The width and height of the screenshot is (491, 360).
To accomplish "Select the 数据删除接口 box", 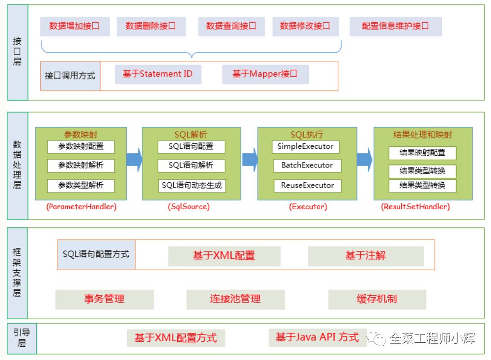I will [x=151, y=27].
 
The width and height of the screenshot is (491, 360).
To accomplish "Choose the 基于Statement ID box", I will [x=158, y=74].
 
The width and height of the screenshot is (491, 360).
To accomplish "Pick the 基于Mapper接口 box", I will [x=265, y=74].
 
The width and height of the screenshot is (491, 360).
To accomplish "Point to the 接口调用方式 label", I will [x=70, y=76].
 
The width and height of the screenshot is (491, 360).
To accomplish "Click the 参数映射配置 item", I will [x=81, y=146].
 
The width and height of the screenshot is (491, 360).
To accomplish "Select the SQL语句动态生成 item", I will [x=191, y=186].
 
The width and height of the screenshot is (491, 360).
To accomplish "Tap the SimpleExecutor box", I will [x=305, y=146].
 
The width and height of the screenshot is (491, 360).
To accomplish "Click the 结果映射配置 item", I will [x=422, y=153].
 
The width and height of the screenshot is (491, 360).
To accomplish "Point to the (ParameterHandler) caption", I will [x=81, y=207].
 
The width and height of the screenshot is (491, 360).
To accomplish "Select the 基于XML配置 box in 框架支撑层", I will [x=224, y=256].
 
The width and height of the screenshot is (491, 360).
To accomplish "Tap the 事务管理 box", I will [x=104, y=299].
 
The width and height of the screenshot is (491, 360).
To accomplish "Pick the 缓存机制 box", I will [x=377, y=299].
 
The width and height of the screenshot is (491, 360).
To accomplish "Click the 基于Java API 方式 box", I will [x=317, y=337].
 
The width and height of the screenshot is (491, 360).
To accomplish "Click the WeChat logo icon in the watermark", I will [x=379, y=338].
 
